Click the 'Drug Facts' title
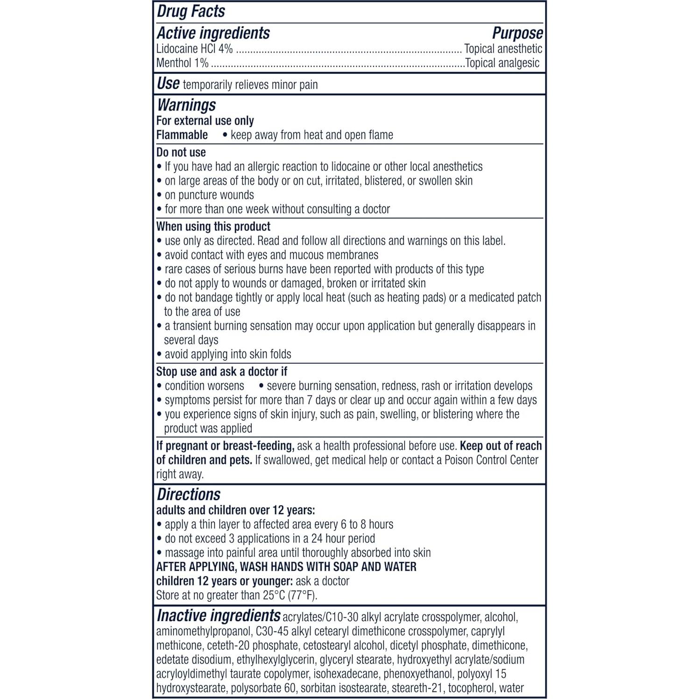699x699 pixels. pos(191,12)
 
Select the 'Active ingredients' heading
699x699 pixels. pos(213,33)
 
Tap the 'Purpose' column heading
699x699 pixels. pos(517,33)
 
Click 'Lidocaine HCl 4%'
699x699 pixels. pos(194,49)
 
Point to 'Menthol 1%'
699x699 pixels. pos(183,63)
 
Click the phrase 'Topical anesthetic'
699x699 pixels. pos(503,49)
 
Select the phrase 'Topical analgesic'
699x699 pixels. pos(502,63)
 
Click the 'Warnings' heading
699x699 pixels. pos(186,105)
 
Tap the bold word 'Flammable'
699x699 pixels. pos(182,135)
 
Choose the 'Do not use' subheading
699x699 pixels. pos(181,152)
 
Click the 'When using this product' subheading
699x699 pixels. pos(213,226)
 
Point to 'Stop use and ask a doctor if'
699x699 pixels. pos(222,372)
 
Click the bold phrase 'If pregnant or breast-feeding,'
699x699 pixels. pos(225,446)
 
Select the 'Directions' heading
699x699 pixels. pos(189,494)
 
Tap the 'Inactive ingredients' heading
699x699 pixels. pos(219,616)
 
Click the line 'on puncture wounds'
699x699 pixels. pos(209,195)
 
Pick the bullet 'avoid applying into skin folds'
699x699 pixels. pos(228,354)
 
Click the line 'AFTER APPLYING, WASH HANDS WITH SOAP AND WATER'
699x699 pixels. pos(286,567)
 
